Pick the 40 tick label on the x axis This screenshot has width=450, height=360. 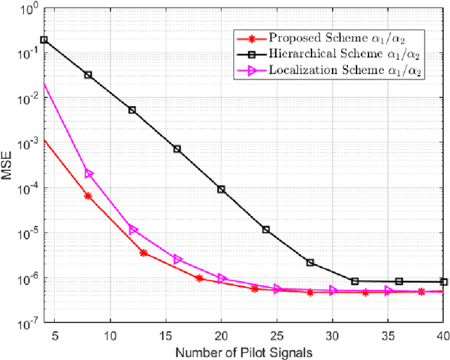click(443, 335)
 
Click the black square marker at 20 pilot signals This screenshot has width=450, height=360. click(221, 189)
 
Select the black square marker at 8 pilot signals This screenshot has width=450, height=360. click(89, 75)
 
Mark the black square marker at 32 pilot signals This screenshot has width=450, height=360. click(354, 281)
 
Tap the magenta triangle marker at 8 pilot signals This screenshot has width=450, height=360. click(89, 174)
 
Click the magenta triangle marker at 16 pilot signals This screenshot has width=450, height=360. click(177, 259)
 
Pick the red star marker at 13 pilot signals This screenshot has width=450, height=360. click(143, 252)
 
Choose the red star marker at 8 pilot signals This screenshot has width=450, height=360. click(89, 196)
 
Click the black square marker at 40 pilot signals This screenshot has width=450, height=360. click(443, 282)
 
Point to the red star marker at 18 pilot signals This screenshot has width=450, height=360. click(199, 278)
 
